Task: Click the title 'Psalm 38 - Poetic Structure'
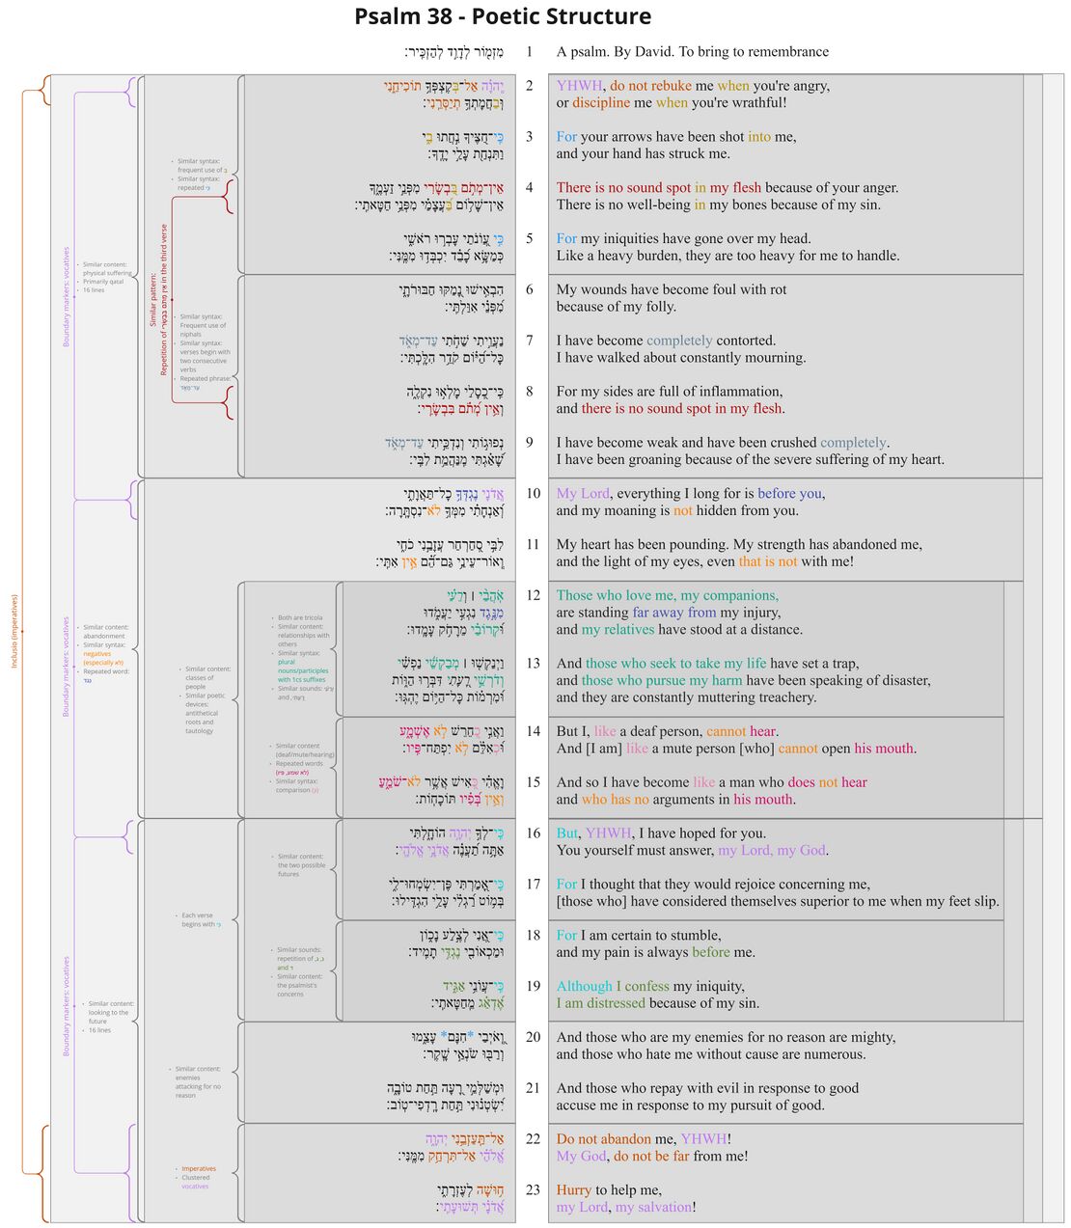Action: (503, 16)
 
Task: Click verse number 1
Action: (529, 52)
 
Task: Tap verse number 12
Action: (533, 595)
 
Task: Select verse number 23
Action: (533, 1189)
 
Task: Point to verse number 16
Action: (533, 832)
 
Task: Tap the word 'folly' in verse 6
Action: (657, 307)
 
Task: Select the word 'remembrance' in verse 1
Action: (782, 52)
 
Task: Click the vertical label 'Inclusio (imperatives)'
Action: (14, 631)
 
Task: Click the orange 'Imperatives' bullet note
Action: (199, 1169)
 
